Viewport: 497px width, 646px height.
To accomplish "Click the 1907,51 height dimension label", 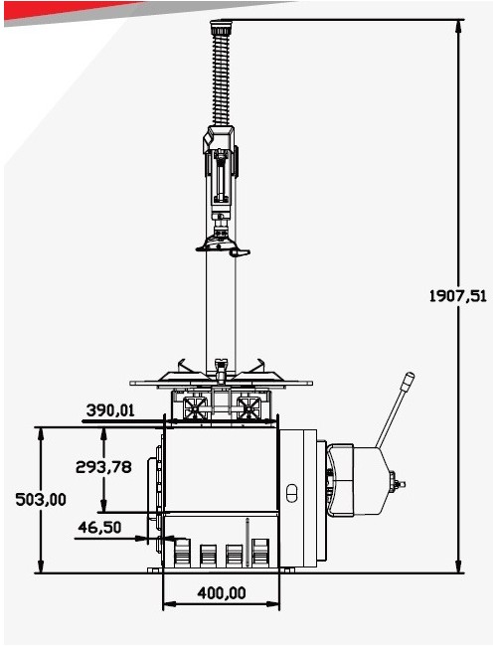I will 457,295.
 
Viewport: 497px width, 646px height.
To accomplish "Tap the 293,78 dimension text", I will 104,466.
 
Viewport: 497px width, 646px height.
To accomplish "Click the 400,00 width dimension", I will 221,592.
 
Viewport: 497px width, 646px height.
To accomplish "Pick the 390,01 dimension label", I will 110,409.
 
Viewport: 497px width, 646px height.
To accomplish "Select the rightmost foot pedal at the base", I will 261,554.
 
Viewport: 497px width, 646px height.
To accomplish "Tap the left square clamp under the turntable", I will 193,406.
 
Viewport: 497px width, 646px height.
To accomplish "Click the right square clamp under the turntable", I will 248,406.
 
